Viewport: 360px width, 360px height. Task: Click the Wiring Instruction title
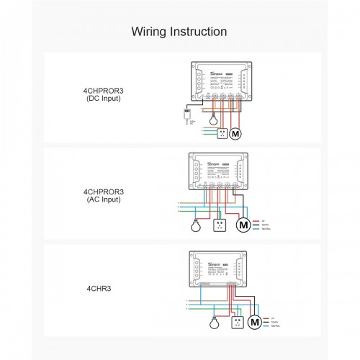click(180, 32)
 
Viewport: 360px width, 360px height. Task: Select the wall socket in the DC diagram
click(223, 133)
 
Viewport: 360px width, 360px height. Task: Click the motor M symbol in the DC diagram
click(241, 133)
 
